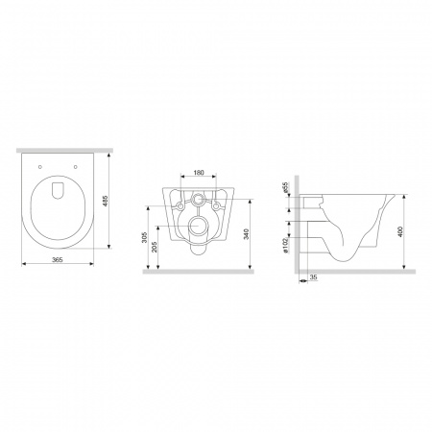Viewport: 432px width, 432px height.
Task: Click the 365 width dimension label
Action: click(x=58, y=260)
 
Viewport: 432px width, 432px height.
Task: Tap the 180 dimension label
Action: click(x=199, y=173)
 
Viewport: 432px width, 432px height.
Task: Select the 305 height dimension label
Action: click(x=145, y=237)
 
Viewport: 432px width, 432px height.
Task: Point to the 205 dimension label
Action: click(x=155, y=247)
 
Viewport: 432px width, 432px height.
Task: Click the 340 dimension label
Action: click(x=246, y=234)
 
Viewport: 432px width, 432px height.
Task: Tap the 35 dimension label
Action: click(x=314, y=277)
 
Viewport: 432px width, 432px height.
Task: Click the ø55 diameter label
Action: click(x=286, y=187)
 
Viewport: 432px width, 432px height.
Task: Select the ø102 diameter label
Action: click(x=286, y=245)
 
